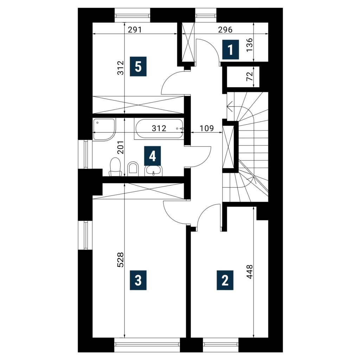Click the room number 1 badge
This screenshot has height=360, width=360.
click(x=231, y=50)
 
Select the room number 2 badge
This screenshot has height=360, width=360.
click(x=225, y=280)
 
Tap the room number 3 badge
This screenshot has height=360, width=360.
click(x=138, y=280)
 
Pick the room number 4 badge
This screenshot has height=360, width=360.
click(x=153, y=156)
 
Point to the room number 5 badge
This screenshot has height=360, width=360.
click(x=138, y=66)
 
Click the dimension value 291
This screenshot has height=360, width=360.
click(x=135, y=30)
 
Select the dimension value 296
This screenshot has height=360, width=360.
click(x=225, y=30)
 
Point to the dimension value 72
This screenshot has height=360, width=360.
click(x=249, y=76)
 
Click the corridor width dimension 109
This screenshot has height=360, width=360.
click(x=207, y=128)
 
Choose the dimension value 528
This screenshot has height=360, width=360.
click(x=121, y=260)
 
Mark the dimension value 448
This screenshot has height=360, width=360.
click(x=249, y=272)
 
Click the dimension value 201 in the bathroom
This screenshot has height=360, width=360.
click(x=121, y=147)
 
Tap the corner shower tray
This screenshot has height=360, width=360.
click(x=104, y=129)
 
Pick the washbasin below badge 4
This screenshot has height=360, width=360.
click(x=153, y=171)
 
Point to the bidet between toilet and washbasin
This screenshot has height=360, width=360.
click(x=133, y=168)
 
